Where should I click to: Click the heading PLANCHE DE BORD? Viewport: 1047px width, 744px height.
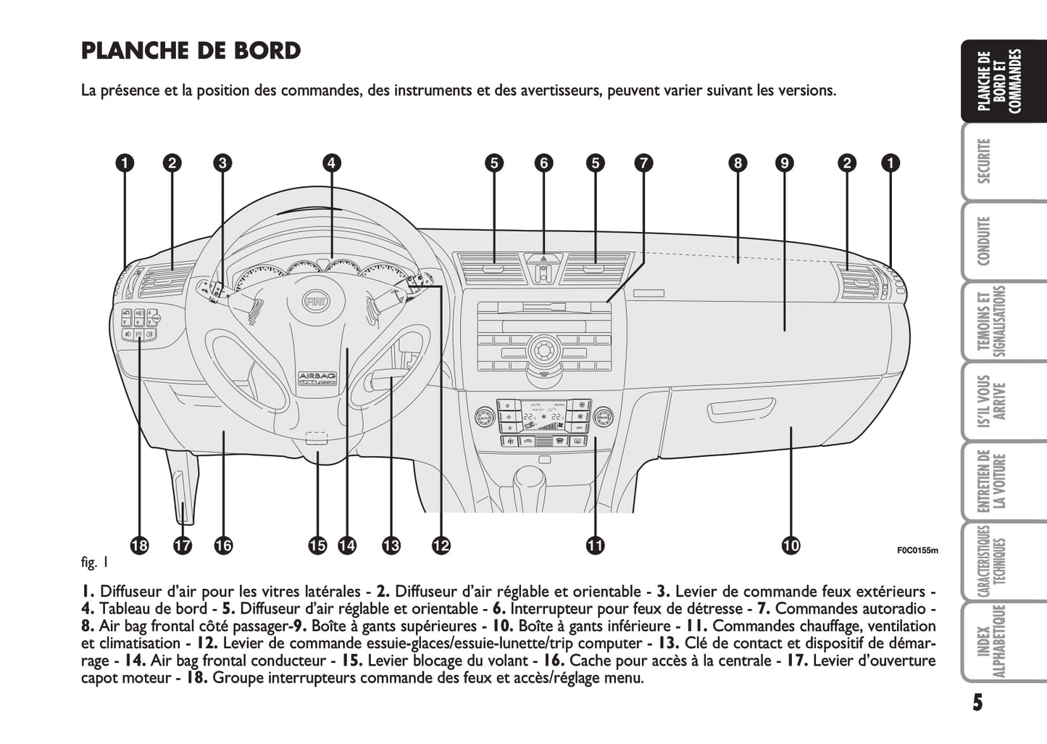(x=191, y=51)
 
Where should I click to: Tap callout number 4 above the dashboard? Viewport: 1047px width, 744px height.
(x=331, y=163)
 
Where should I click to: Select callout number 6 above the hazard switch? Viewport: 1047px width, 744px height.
(x=543, y=163)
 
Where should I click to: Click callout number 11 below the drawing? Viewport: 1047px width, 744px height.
(x=595, y=545)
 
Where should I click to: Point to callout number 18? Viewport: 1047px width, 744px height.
(x=139, y=545)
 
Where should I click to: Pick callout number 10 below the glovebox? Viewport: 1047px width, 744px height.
(x=791, y=545)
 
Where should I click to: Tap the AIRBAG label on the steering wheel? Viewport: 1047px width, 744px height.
(x=317, y=376)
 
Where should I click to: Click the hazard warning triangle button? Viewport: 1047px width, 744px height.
(x=543, y=257)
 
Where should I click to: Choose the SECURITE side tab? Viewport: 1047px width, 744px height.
(x=984, y=161)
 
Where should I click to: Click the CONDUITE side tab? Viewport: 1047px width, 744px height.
(x=984, y=241)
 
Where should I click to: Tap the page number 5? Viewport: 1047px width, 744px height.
(x=977, y=703)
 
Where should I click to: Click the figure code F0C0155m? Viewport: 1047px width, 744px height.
(x=917, y=550)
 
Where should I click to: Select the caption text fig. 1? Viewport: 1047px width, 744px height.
(x=95, y=562)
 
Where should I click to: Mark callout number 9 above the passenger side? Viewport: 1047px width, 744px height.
(x=784, y=163)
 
